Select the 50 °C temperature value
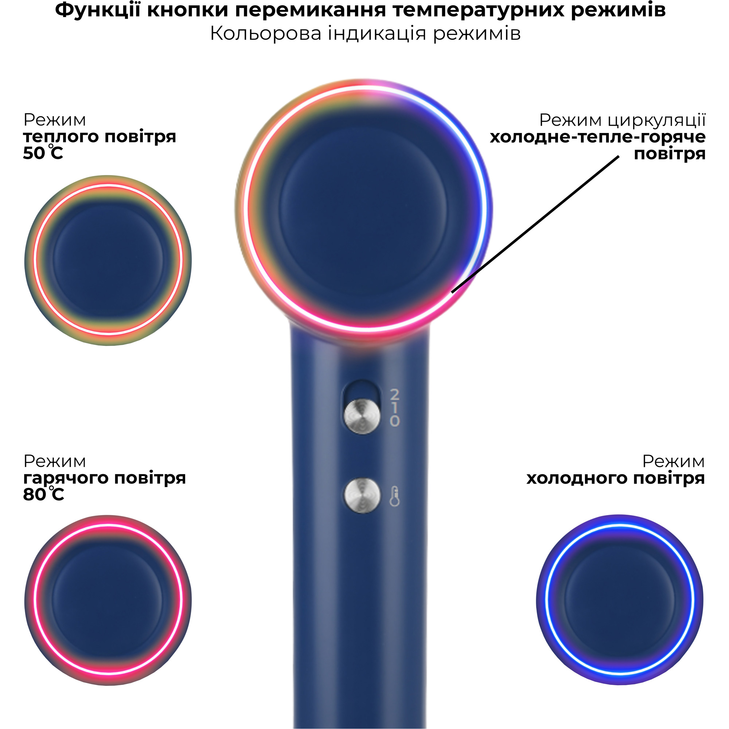(x=43, y=153)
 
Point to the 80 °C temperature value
(x=43, y=494)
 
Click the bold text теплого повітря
(x=100, y=137)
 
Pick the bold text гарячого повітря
(x=105, y=478)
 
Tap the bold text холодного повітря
(x=615, y=478)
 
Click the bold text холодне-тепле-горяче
(x=598, y=137)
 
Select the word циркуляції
(x=657, y=120)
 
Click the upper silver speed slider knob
(x=362, y=417)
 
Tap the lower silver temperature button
(x=362, y=496)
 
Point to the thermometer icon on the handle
(x=394, y=496)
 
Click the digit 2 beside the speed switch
(x=395, y=395)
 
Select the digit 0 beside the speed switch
(x=395, y=421)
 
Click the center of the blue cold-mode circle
(x=620, y=600)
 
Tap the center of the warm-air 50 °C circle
(x=108, y=260)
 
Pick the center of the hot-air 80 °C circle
(x=108, y=600)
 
